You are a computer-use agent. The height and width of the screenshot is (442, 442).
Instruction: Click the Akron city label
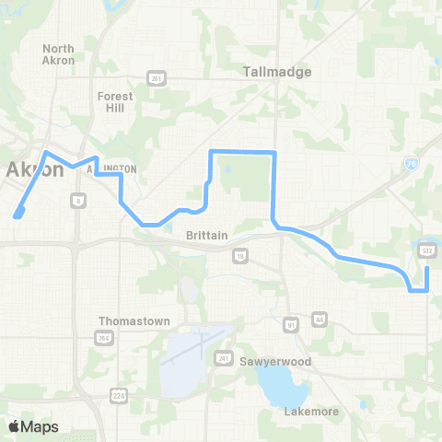[x=35, y=169]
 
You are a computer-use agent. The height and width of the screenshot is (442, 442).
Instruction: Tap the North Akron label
[x=58, y=54]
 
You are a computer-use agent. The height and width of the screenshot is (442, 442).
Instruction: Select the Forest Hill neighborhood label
[x=115, y=101]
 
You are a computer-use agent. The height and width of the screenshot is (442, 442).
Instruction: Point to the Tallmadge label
[x=277, y=71]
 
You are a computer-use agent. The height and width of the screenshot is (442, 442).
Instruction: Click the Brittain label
[x=206, y=236]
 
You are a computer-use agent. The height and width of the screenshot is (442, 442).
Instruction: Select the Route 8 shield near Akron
[x=79, y=199]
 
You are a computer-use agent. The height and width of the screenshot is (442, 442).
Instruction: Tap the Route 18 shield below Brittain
[x=240, y=255]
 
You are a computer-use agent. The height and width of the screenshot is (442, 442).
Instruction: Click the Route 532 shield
[x=426, y=250]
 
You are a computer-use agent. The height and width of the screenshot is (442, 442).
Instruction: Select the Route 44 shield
[x=320, y=319]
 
